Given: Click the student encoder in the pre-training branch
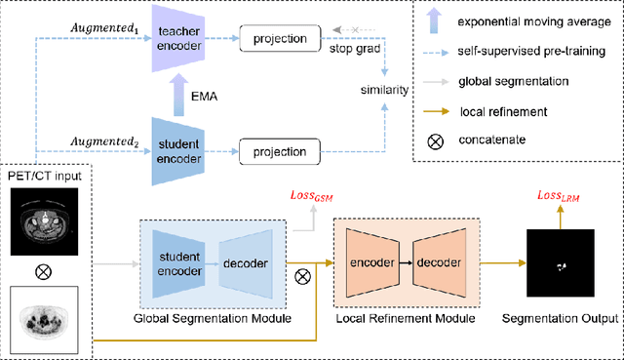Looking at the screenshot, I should (x=175, y=152).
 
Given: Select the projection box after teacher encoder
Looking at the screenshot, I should (x=281, y=41).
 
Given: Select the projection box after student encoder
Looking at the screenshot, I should (x=281, y=152).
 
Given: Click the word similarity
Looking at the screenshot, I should (x=381, y=90).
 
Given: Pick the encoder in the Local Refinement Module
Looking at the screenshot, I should (x=371, y=262).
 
